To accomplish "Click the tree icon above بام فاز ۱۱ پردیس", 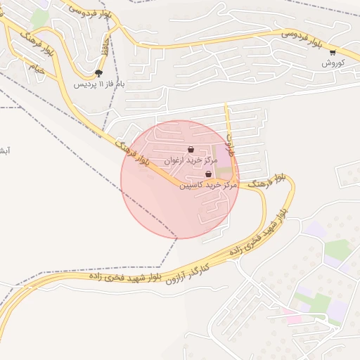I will [98, 72].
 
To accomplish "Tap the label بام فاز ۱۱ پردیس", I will [100, 84].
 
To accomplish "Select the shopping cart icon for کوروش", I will [333, 52].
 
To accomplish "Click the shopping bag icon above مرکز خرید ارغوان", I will [191, 148].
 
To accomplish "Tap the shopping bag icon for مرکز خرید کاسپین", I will [208, 174].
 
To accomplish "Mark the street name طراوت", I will [229, 141].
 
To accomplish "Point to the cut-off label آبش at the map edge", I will [4, 151].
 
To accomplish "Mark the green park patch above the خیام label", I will [40, 19].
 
